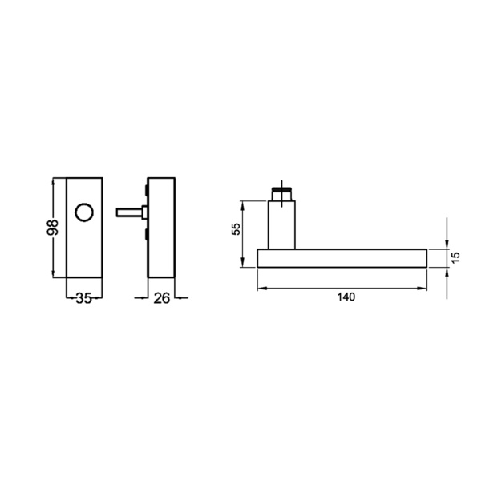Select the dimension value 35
tap(83, 299)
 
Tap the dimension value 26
tap(160, 299)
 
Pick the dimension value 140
tap(346, 297)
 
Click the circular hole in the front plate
tap(83, 213)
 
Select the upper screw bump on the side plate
tap(147, 190)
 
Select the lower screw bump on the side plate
tap(147, 235)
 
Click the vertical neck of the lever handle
tap(281, 225)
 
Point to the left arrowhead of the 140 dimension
tap(261, 288)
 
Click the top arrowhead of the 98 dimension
tap(55, 180)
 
